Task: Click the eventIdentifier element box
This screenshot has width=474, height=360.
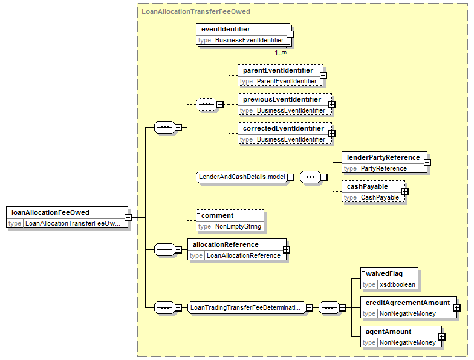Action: [x=243, y=34]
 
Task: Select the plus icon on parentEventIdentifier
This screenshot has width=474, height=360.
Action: [x=323, y=75]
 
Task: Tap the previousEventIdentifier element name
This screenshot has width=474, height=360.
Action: [x=282, y=99]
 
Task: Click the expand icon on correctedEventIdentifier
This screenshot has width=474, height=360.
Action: [x=331, y=133]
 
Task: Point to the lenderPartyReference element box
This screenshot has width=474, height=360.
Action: [x=385, y=162]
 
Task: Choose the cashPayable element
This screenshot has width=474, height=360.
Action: [x=374, y=191]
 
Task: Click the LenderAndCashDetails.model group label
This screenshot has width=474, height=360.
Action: [x=242, y=177]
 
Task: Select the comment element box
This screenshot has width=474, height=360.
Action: [x=230, y=220]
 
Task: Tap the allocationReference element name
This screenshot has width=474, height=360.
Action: [x=226, y=244]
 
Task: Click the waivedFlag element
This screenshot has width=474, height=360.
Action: [x=389, y=278]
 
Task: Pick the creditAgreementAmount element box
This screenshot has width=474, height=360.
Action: [x=409, y=307]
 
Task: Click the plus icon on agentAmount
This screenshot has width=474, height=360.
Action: [x=441, y=336]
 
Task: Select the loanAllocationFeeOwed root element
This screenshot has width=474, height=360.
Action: [x=67, y=218]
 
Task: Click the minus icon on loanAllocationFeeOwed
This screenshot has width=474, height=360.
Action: [x=128, y=218]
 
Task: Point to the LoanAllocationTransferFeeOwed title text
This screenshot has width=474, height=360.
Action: [x=196, y=12]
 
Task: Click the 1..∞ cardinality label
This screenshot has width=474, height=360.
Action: [x=281, y=53]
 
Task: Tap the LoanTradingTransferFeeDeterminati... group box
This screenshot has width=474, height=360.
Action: [x=247, y=307]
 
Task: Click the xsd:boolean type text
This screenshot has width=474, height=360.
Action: [x=397, y=284]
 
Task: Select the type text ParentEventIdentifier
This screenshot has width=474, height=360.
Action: [x=287, y=81]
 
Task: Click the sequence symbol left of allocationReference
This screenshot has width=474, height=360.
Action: [x=164, y=249]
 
